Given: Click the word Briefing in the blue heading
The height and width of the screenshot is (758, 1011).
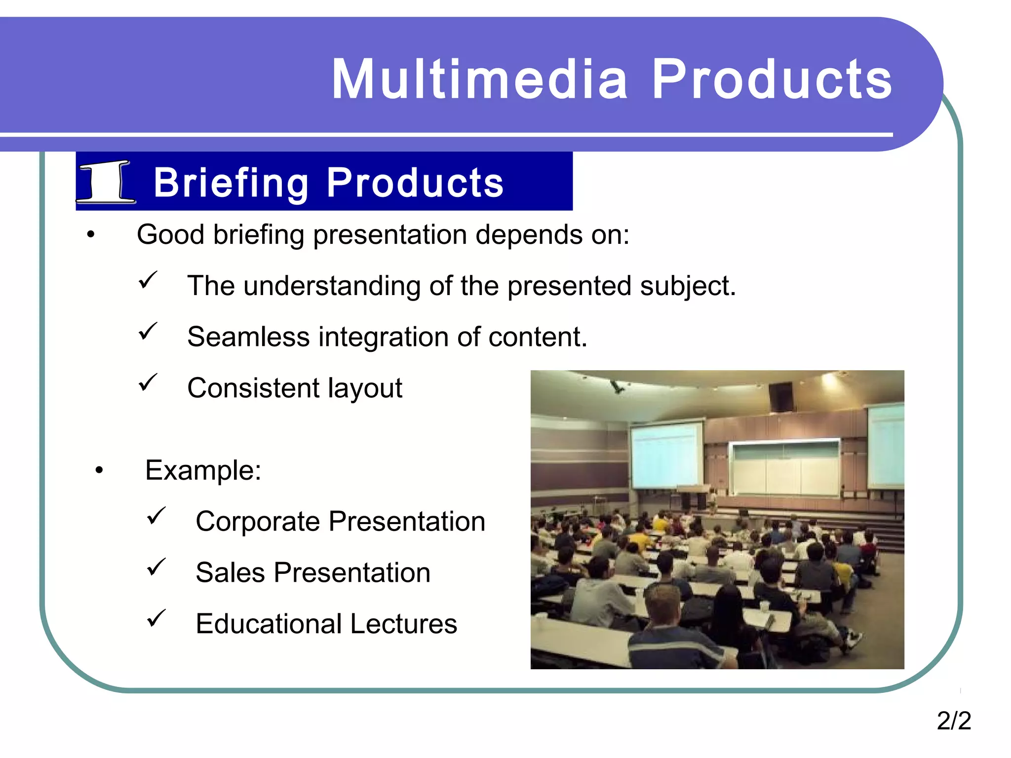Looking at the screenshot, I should pyautogui.click(x=231, y=183).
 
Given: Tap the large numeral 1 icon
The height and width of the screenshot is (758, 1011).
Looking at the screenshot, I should pyautogui.click(x=106, y=182).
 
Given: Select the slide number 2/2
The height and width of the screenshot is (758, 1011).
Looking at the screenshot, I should pyautogui.click(x=953, y=720).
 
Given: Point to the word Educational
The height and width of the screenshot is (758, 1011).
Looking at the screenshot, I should pyautogui.click(x=269, y=624).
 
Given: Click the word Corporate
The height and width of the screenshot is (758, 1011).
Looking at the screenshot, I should pyautogui.click(x=258, y=522).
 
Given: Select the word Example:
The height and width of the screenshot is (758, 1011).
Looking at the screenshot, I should pyautogui.click(x=203, y=470).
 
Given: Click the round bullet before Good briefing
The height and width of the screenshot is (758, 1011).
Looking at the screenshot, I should pyautogui.click(x=90, y=235).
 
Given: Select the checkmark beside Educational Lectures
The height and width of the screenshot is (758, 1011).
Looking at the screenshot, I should pyautogui.click(x=156, y=618).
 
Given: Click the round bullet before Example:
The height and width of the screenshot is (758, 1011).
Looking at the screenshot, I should pyautogui.click(x=99, y=471).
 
